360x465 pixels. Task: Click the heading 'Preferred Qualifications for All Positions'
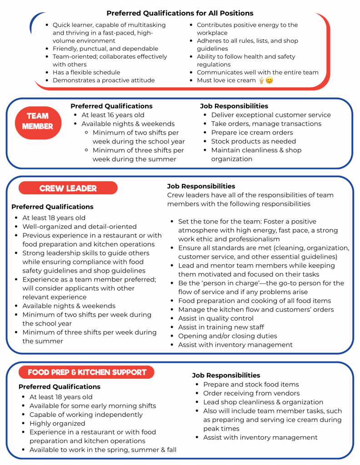point(180,13)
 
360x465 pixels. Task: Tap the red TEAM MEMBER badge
point(38,121)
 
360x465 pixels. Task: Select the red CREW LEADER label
point(68,188)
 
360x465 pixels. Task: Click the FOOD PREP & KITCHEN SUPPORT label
point(87,372)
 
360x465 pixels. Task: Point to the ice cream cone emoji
point(261,80)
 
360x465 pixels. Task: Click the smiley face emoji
point(269,80)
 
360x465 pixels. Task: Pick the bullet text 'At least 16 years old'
point(113,115)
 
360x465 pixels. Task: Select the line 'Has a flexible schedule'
point(86,72)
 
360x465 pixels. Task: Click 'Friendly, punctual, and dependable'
point(105,49)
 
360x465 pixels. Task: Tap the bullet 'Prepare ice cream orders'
point(252,133)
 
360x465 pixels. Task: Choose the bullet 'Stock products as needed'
point(253,141)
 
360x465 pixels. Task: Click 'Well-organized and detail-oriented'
point(80,227)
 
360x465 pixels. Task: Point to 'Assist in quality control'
point(216,318)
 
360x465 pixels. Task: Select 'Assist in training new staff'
point(221,327)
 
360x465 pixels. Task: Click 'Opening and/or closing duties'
point(227,336)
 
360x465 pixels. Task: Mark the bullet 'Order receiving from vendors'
point(251,393)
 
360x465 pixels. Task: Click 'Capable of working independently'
point(86,415)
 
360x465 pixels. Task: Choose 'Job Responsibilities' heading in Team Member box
point(234,106)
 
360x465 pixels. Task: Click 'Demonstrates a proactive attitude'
point(104,80)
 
